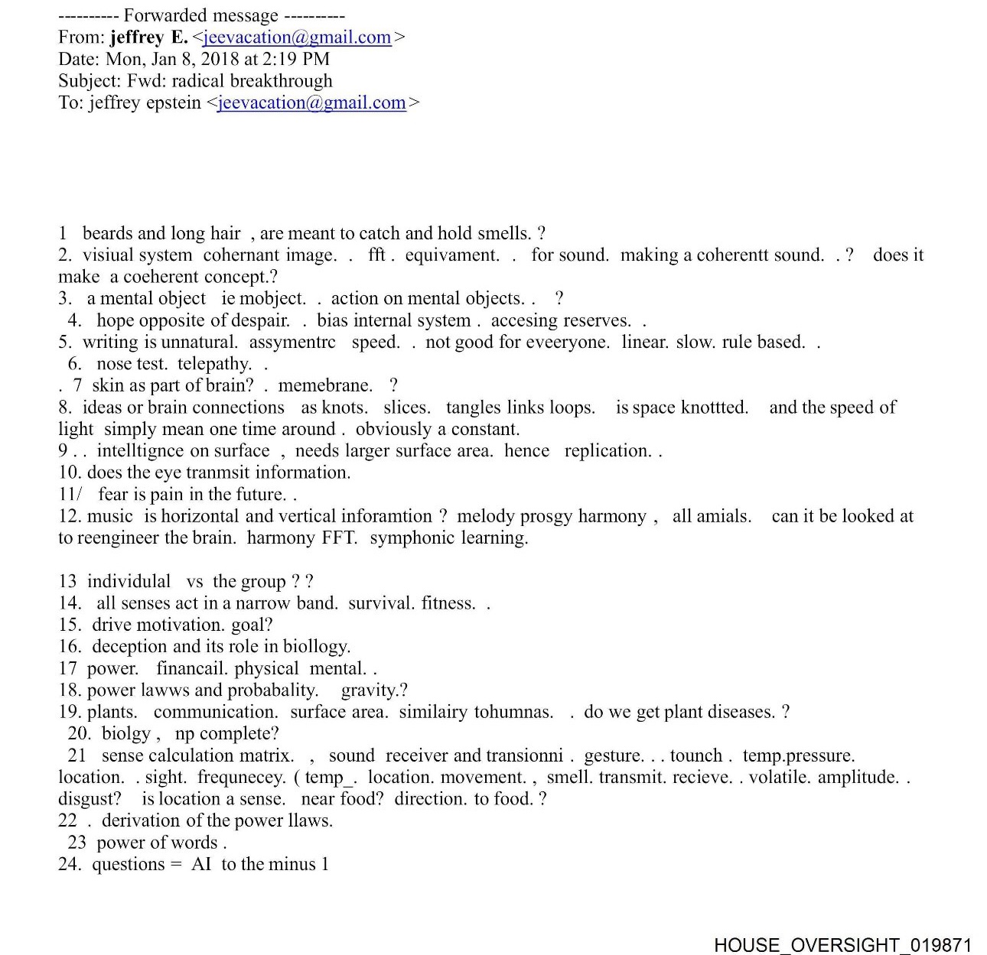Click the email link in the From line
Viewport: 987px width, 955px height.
click(298, 37)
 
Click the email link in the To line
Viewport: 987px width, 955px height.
click(311, 102)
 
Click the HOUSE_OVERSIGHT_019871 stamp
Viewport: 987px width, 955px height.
click(842, 945)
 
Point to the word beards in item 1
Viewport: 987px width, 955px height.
click(108, 233)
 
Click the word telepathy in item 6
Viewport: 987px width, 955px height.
click(213, 364)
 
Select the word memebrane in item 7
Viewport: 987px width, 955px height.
click(324, 385)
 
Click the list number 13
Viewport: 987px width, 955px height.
click(67, 581)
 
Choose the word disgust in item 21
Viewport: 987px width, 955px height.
click(89, 799)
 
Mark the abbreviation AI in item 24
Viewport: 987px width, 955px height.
click(201, 864)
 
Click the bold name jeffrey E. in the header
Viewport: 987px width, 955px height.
click(148, 37)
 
